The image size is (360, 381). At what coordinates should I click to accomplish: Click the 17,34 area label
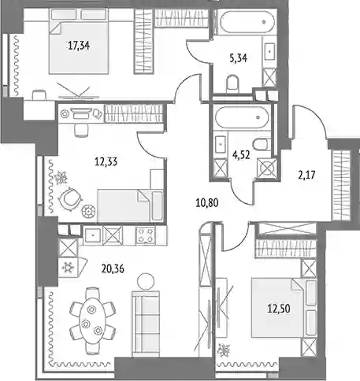coord(79,46)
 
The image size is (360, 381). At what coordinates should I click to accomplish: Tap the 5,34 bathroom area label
coord(239,58)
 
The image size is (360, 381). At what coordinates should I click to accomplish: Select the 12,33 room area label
coord(106,162)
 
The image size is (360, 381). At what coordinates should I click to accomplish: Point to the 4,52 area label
coord(241,155)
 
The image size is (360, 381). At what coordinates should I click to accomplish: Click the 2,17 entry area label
coord(306,175)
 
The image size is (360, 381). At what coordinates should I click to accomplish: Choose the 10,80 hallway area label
coord(207,203)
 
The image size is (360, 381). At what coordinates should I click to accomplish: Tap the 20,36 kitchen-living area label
coord(113,268)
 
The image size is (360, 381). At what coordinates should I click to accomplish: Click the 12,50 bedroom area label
coord(279,309)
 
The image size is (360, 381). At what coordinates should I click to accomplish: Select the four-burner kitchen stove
coord(146,235)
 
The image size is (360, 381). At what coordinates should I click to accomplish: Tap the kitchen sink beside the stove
coord(93,235)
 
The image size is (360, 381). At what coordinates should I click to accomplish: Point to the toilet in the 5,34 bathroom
coord(232,84)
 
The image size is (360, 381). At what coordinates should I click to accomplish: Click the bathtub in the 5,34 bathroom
coord(247,21)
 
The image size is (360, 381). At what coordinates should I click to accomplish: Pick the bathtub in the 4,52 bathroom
coord(242,117)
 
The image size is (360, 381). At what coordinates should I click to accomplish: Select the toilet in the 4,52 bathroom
coord(262,144)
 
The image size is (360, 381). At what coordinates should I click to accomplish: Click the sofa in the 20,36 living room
coord(146,324)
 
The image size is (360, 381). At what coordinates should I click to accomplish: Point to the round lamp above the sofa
coord(146,281)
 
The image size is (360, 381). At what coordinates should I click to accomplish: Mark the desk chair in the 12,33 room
coord(81,130)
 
